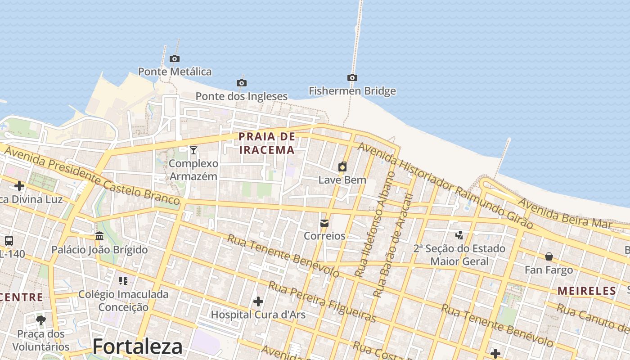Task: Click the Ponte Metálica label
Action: tap(175, 72)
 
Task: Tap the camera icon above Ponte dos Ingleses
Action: tap(242, 83)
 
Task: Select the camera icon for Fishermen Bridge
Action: tap(352, 78)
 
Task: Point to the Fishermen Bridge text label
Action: tap(352, 91)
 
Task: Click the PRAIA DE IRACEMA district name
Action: tap(267, 143)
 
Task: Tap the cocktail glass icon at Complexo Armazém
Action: tap(193, 150)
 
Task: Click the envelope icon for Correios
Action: tap(324, 223)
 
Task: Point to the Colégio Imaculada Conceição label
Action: tap(123, 301)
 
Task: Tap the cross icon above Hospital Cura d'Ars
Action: tap(258, 301)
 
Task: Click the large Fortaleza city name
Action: tap(137, 346)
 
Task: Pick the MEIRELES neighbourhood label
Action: tap(587, 291)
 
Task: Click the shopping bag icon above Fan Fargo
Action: tap(549, 256)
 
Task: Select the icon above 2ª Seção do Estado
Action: tap(459, 235)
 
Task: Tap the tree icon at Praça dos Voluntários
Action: tap(41, 320)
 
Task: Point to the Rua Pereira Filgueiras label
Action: tap(322, 301)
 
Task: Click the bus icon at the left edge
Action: tap(9, 241)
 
